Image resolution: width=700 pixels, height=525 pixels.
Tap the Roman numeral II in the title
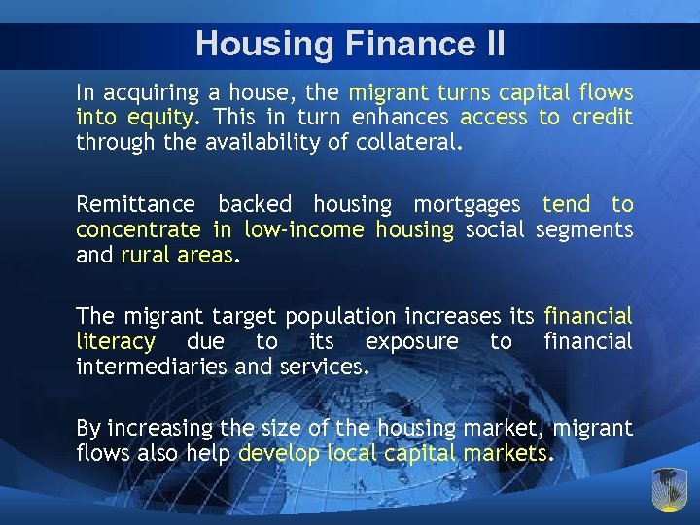pos(490,44)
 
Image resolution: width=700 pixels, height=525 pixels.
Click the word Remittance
pos(135,205)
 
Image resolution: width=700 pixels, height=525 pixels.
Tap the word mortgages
pos(467,205)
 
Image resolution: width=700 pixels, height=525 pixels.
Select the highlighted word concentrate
pos(139,229)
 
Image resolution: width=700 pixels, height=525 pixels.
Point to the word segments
pos(583,229)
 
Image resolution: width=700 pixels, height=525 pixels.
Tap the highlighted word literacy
pos(115,342)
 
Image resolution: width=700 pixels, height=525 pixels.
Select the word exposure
pos(411,342)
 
